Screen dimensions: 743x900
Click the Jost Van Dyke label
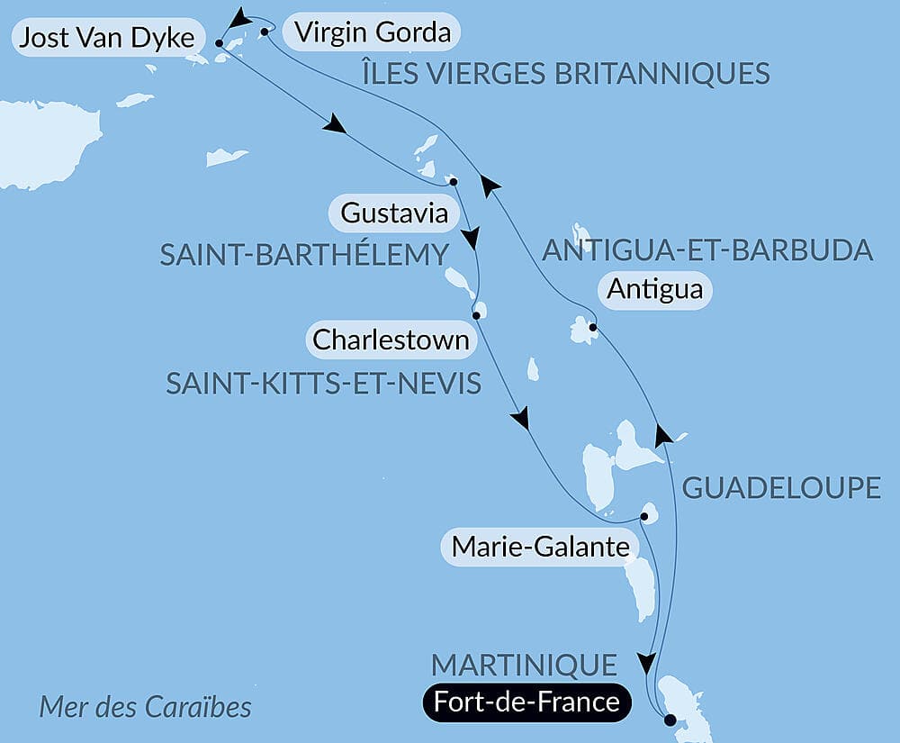tap(105, 38)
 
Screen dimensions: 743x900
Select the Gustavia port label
tap(395, 214)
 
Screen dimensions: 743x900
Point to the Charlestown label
tap(391, 340)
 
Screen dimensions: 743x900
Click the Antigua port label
tap(654, 290)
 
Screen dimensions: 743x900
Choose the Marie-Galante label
tap(539, 546)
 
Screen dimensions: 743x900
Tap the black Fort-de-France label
tap(526, 702)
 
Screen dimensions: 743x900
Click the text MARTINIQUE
tap(524, 666)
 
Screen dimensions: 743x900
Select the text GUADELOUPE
tap(781, 488)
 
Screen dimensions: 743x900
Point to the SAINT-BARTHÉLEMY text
tap(304, 255)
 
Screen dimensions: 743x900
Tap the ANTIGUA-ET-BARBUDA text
tap(708, 250)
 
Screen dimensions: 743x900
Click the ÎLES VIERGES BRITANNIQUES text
tap(566, 73)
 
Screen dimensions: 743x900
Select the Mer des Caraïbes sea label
tap(145, 707)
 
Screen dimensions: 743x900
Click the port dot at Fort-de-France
tap(669, 720)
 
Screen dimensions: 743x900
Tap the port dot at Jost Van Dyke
tap(220, 41)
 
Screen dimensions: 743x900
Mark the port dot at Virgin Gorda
tap(264, 32)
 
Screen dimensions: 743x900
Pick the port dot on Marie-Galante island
tap(644, 517)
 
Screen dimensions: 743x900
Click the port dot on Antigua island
tap(591, 328)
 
